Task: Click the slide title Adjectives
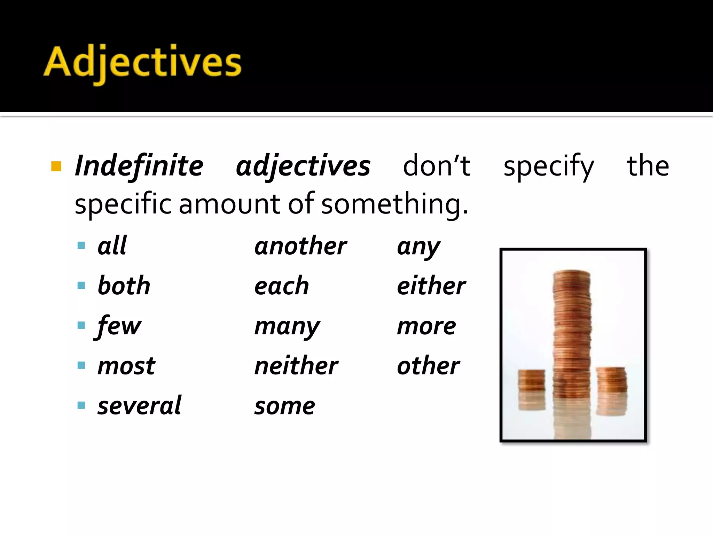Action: click(x=142, y=63)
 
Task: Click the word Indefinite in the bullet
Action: click(x=139, y=166)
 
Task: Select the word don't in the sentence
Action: click(x=437, y=166)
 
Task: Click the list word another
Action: click(x=300, y=246)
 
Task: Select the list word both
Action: click(x=124, y=286)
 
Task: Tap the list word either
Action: click(x=431, y=286)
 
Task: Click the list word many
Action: click(x=287, y=327)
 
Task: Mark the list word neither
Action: click(x=296, y=366)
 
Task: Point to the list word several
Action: click(x=139, y=405)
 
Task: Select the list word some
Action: click(x=284, y=406)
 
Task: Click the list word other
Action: click(x=428, y=366)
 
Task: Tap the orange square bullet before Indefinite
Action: click(x=56, y=166)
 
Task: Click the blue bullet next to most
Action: click(x=81, y=365)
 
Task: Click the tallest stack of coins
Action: click(x=572, y=334)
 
